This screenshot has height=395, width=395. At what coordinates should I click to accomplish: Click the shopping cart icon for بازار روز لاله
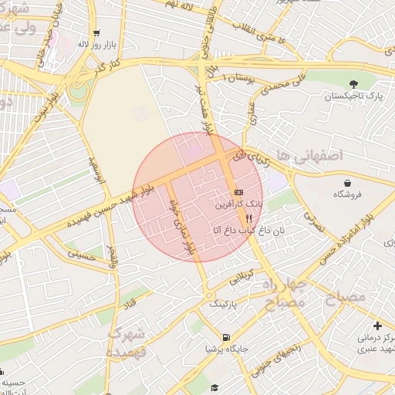[x=96, y=33]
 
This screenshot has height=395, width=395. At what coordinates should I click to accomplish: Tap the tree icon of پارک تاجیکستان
[x=354, y=83]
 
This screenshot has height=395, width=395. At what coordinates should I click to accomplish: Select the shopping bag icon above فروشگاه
[x=348, y=183]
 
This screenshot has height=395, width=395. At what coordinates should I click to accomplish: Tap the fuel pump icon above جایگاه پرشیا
[x=225, y=337]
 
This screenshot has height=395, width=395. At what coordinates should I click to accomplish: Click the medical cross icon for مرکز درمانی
[x=376, y=326]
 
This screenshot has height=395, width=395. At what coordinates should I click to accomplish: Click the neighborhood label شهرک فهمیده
[x=126, y=343]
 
